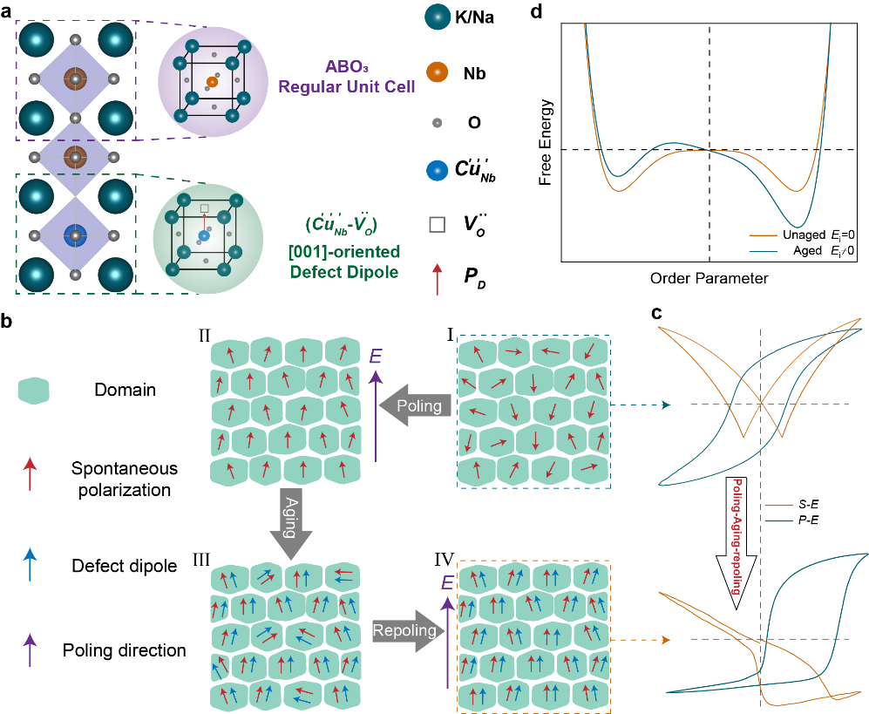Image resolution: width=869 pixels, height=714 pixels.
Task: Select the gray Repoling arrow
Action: click(400, 630)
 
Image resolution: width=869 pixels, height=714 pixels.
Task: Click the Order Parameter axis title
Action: click(709, 279)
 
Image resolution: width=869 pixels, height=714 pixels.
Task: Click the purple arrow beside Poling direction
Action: click(30, 648)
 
